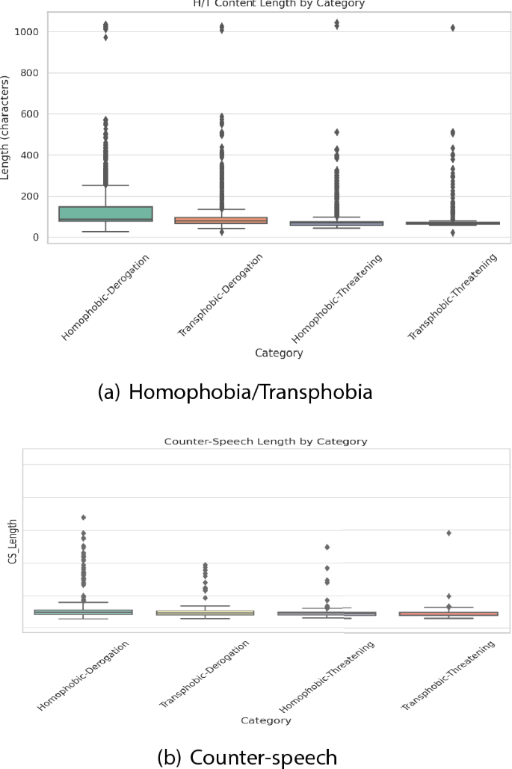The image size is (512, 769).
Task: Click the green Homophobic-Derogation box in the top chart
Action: point(105,213)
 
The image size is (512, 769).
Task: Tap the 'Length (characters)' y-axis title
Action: point(6,126)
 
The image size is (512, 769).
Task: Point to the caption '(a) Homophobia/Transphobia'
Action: point(235,392)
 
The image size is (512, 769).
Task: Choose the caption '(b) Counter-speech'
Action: point(247,757)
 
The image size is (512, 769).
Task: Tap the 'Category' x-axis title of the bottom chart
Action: point(266,720)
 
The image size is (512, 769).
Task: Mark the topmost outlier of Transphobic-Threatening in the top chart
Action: point(453,28)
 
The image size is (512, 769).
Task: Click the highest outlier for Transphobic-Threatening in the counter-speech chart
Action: point(448,533)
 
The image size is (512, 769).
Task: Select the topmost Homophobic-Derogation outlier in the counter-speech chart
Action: point(84,517)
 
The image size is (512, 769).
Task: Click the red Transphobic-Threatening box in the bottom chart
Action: point(448,614)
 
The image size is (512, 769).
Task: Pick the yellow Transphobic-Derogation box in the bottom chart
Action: point(205,613)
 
